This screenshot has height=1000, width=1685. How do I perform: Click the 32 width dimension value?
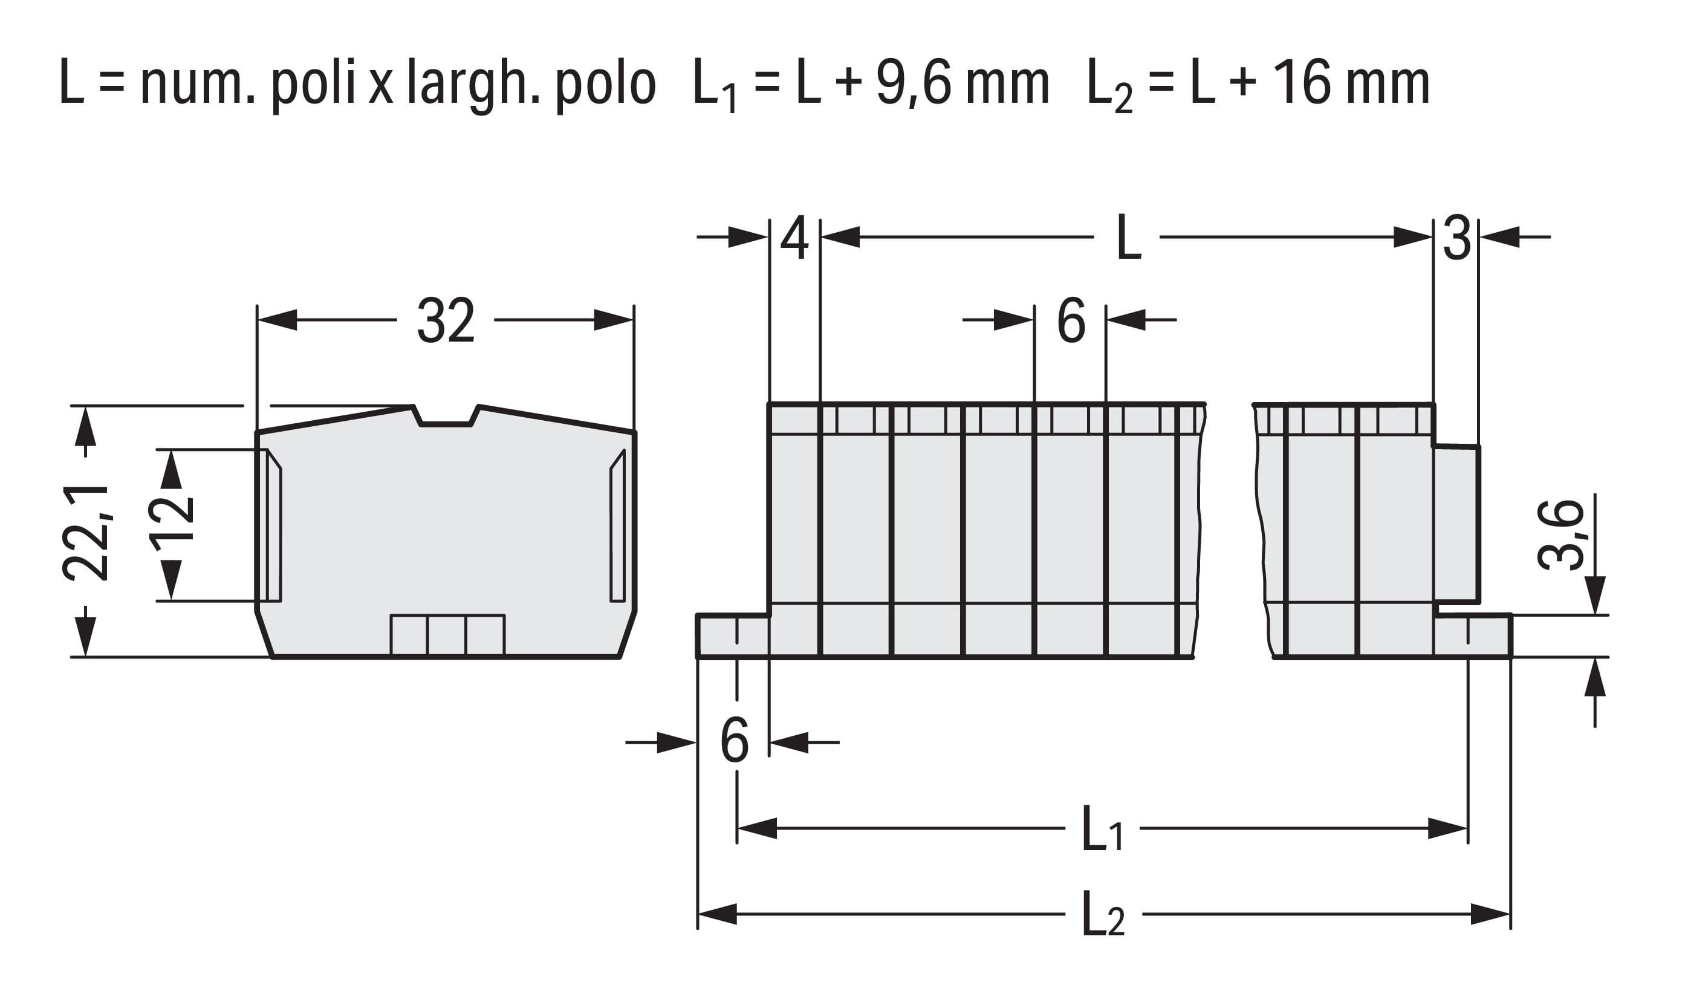pyautogui.click(x=446, y=320)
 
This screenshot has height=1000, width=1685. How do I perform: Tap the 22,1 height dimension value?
pyautogui.click(x=86, y=532)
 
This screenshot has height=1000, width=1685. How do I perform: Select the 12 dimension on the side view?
pyautogui.click(x=171, y=524)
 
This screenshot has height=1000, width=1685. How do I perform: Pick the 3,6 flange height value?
pyautogui.click(x=1562, y=536)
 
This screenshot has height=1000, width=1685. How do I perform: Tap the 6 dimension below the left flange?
pyautogui.click(x=735, y=741)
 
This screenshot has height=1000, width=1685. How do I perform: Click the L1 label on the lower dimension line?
pyautogui.click(x=1103, y=829)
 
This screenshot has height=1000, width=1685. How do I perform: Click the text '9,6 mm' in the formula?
pyautogui.click(x=963, y=83)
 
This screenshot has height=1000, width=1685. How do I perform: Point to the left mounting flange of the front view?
pyautogui.click(x=733, y=635)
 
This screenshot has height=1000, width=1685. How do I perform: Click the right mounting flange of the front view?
pyautogui.click(x=1473, y=635)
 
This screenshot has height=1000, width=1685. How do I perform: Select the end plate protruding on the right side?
pyautogui.click(x=1456, y=524)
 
